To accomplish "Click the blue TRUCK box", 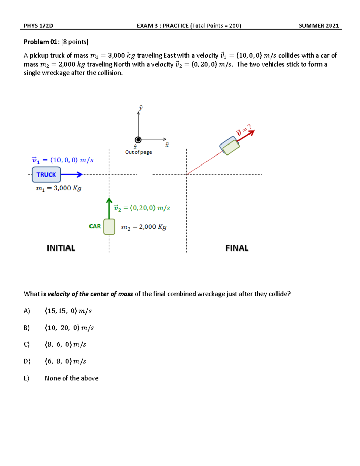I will coord(46,175).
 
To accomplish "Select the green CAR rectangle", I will coord(109,227).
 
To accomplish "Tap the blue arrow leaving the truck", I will coord(72,174).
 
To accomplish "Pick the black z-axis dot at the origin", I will coord(138,140).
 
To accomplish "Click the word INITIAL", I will coord(61,248).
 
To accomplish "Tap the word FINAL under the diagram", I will coord(237,248).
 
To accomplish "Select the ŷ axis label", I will coord(140,108).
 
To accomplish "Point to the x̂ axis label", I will coord(167,145).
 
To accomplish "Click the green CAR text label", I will coord(95,226).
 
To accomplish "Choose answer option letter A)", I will coord(27,311).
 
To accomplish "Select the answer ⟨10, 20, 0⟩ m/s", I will coord(69,328).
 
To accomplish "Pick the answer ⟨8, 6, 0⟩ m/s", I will coord(65,344).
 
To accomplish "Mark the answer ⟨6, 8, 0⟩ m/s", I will coord(65,361).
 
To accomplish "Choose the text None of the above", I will coord(72,378).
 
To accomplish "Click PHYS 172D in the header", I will coord(38,26).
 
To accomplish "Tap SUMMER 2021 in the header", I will coord(319,26).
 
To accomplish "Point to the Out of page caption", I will coord(139,152).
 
